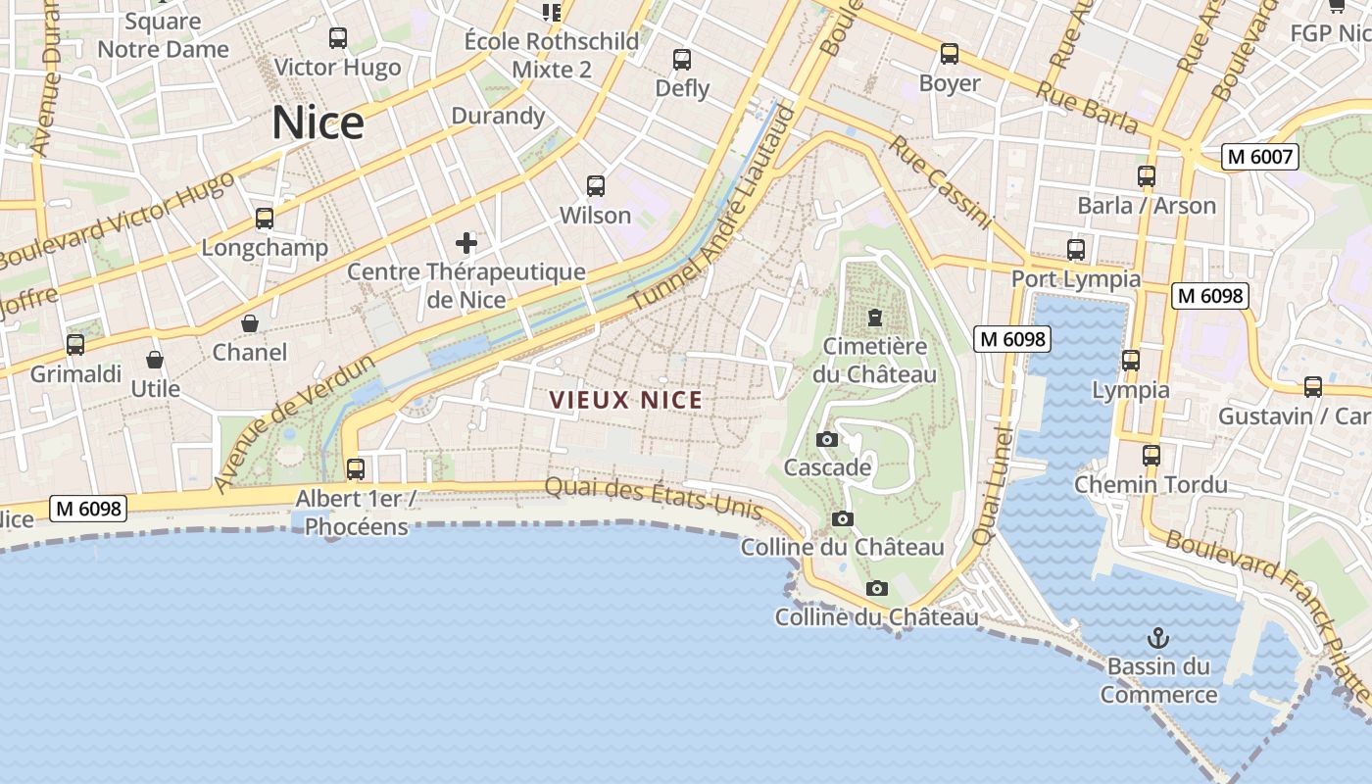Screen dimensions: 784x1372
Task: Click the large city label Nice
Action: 318,122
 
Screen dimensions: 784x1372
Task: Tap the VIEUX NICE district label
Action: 626,400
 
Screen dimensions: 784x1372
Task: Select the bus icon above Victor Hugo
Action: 338,38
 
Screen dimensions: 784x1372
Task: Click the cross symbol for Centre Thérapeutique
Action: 466,242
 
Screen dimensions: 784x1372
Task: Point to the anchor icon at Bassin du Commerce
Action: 1158,638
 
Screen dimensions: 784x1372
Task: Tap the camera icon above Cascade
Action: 827,439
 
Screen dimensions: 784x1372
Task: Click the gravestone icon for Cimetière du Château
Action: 874,318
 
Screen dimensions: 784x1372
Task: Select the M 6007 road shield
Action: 1260,156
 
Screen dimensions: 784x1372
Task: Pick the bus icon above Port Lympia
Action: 1076,250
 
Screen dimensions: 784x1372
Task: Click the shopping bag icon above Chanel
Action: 250,323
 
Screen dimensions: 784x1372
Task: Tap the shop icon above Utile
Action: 155,360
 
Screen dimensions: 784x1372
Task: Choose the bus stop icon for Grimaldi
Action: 75,345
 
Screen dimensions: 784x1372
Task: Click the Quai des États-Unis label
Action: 653,498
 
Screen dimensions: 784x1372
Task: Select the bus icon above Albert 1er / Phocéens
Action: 356,468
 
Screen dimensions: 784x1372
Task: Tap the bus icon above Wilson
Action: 595,186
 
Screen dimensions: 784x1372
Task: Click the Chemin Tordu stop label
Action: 1151,484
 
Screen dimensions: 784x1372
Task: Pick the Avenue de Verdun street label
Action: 294,423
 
